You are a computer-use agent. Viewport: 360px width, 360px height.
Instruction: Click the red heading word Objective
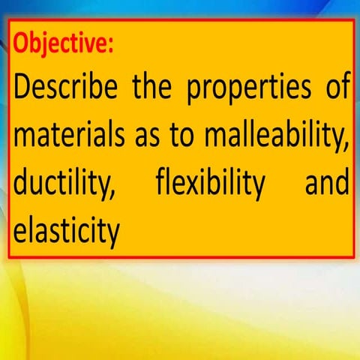tap(64, 42)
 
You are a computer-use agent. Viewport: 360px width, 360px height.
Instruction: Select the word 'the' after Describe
tap(157, 91)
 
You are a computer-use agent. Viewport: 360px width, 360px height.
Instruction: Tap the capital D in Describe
tap(24, 91)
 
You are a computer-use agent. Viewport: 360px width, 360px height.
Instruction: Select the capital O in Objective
tap(22, 42)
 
